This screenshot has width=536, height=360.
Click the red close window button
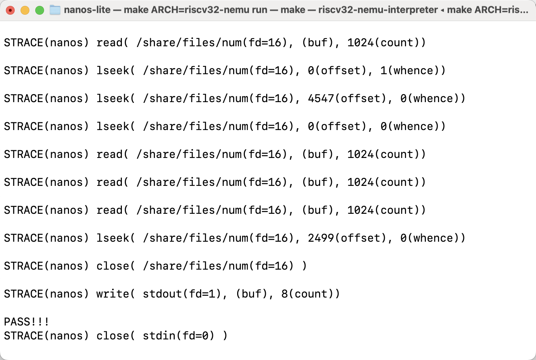[10, 10]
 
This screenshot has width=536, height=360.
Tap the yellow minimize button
[25, 10]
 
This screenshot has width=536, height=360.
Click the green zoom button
[40, 10]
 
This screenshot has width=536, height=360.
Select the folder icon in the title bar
[55, 10]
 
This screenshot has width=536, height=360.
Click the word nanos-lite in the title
[87, 10]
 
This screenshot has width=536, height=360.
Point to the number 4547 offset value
[321, 98]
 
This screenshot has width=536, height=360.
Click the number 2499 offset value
[321, 238]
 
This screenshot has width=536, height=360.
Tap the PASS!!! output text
[26, 322]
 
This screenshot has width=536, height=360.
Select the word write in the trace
[112, 294]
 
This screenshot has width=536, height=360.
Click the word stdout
[162, 294]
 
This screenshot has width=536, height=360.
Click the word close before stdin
[112, 336]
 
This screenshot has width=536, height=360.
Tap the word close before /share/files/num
[112, 266]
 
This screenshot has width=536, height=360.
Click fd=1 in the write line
[202, 294]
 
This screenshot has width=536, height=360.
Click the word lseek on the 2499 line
[112, 238]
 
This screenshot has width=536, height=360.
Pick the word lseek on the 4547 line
[112, 98]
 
